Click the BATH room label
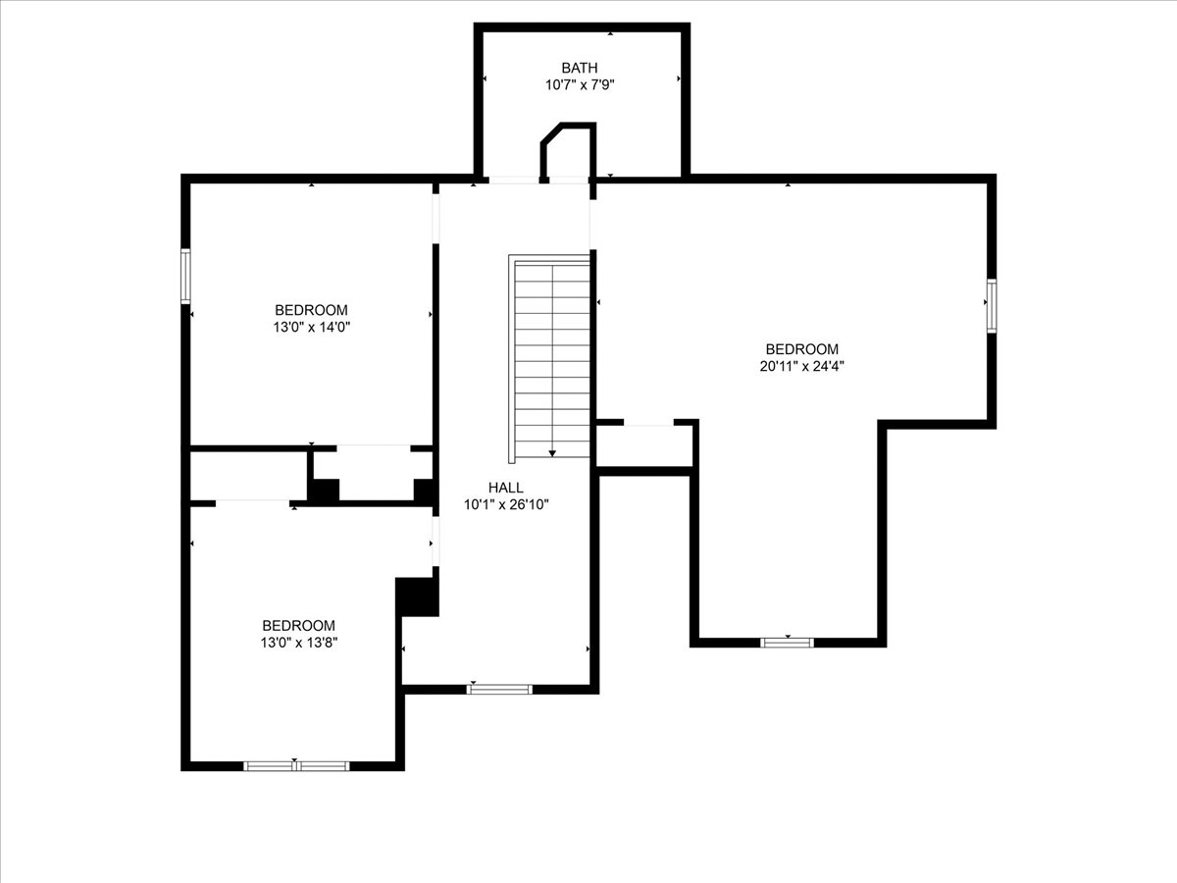point(580,68)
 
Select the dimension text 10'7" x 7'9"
point(580,85)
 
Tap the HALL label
point(506,488)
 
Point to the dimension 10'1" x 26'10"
point(506,505)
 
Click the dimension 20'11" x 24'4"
point(801,367)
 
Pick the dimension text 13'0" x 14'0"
point(311,328)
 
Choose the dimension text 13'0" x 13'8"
point(298,643)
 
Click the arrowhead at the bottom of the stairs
point(552,452)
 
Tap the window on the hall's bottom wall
point(499,689)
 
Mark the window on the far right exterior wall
point(992,305)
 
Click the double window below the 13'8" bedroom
point(296,765)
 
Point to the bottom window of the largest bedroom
point(788,643)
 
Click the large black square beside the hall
point(417,597)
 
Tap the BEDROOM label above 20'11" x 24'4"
point(801,349)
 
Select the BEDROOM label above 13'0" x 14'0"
point(311,310)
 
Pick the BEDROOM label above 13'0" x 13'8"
point(298,625)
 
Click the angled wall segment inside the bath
point(550,134)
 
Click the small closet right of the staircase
point(644,447)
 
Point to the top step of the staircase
point(552,265)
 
